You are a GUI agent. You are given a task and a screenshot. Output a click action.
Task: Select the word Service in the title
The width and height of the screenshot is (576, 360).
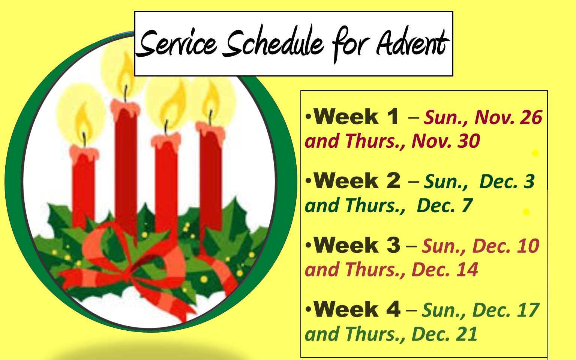click(x=176, y=43)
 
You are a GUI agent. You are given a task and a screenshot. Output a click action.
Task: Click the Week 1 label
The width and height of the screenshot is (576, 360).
click(x=356, y=117)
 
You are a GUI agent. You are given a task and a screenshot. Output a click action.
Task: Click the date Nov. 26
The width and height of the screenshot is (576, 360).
click(x=508, y=117)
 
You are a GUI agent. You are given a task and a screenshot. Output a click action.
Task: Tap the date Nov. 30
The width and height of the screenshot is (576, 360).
click(x=445, y=141)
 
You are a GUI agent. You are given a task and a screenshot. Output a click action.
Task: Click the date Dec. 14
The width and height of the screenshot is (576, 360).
click(x=445, y=270)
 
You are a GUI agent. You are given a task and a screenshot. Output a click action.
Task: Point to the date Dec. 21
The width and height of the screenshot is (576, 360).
click(x=444, y=334)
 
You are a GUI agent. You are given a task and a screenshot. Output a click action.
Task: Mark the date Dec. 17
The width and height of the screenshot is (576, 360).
click(x=506, y=310)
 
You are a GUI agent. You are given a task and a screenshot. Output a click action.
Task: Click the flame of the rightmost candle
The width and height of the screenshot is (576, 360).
click(x=211, y=99)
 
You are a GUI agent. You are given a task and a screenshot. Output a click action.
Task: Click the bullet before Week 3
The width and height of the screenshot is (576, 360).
click(x=308, y=246)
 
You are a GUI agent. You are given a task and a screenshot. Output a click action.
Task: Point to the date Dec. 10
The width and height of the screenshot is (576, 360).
click(x=506, y=246)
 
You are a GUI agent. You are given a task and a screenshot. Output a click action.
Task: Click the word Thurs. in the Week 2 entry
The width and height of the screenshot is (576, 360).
click(x=375, y=206)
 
